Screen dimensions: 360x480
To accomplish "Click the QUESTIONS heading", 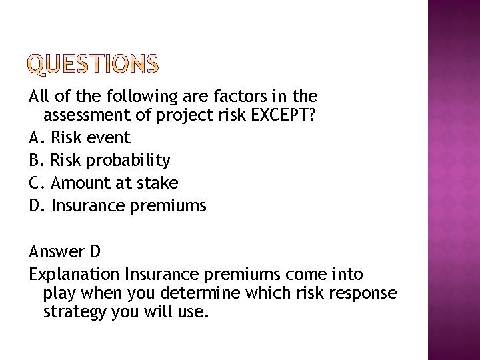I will [94, 64].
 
